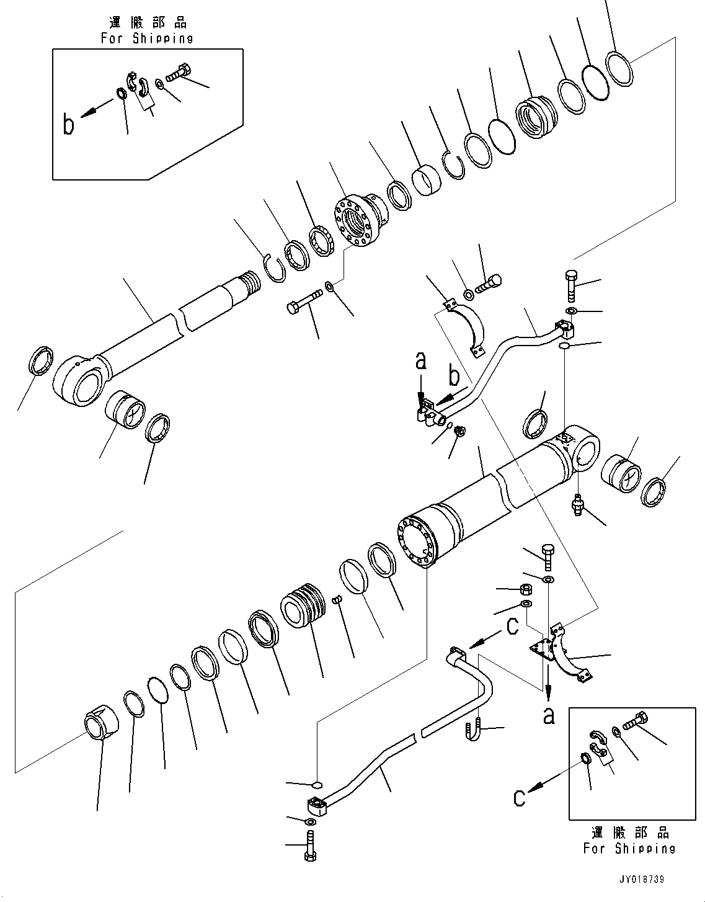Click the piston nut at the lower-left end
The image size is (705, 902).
pos(102,722)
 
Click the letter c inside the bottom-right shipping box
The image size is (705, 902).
pos(519,798)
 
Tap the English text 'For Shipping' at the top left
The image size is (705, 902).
pos(147,38)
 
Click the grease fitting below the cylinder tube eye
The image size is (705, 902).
pos(579,505)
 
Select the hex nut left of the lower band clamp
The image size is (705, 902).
pos(526,589)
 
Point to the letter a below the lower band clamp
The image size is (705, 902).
pos(549,716)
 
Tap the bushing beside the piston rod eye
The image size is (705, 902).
pos(125,409)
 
